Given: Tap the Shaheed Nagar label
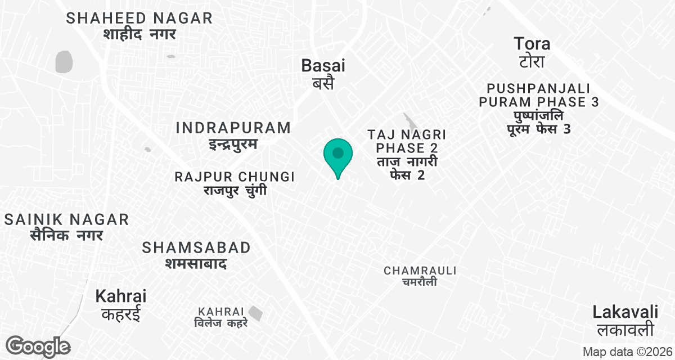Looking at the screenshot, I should tap(139, 26).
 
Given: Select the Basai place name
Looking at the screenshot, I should tap(323, 73).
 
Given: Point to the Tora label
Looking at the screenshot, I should tap(532, 51).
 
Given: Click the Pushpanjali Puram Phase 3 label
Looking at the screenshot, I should tap(538, 109).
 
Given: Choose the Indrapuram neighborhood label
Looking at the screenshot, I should tap(233, 135).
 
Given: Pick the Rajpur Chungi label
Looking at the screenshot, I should tap(235, 183).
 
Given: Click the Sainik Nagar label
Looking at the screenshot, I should tap(66, 227).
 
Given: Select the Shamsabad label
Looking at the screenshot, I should tap(196, 255).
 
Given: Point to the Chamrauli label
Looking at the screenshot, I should tap(420, 276).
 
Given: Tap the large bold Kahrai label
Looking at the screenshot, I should tap(121, 304).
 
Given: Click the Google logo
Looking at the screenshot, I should tap(38, 346).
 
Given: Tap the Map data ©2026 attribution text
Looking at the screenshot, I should tap(627, 352).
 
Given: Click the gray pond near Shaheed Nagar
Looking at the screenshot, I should tap(64, 61).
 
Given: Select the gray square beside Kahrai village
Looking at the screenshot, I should tap(256, 313).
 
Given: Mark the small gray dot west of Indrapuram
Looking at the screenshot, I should tap(147, 149).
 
